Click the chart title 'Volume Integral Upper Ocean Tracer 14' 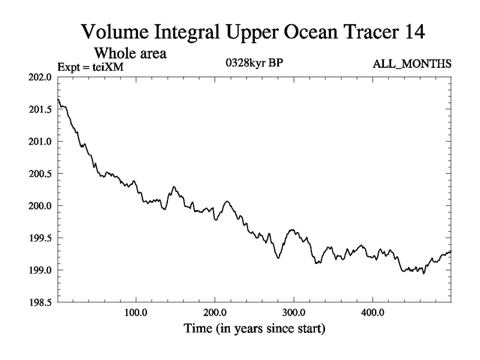point(253,32)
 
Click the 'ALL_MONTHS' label point(412,64)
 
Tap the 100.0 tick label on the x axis point(136,314)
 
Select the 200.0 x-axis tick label point(215,314)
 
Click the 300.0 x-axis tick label point(293,314)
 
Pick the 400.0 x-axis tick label point(373,314)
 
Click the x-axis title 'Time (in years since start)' point(254,329)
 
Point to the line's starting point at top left point(58,100)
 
